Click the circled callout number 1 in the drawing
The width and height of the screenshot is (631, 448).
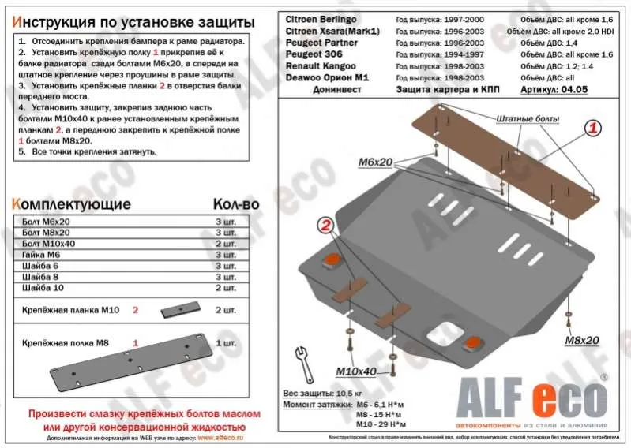(x=593, y=128)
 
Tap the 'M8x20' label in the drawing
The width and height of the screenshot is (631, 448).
(x=581, y=340)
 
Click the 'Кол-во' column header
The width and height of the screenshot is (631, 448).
(x=236, y=204)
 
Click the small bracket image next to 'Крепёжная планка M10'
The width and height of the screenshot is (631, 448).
(x=182, y=311)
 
